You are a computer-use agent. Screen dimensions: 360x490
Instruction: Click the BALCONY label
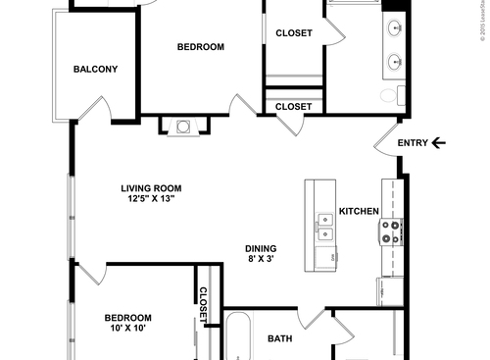[96, 69]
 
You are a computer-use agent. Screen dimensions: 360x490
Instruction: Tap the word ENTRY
[413, 144]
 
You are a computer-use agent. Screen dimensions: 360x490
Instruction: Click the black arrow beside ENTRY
[438, 144]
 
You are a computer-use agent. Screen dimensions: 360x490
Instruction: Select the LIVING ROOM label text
[152, 188]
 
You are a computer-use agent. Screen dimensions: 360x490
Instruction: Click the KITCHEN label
[359, 212]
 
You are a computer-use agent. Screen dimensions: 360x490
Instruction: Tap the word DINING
[261, 248]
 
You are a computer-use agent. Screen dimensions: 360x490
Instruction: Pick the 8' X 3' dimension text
[261, 261]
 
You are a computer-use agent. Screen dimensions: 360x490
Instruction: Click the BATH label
[280, 339]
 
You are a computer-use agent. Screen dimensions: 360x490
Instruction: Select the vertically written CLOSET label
[204, 304]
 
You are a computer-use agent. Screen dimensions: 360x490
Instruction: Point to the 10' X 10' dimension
[128, 331]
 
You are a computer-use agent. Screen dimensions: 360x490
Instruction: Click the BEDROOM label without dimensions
[201, 47]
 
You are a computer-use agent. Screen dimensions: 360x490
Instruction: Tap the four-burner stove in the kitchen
[391, 231]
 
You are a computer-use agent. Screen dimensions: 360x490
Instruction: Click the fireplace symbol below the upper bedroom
[182, 126]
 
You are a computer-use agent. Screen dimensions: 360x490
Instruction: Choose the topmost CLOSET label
[294, 33]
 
